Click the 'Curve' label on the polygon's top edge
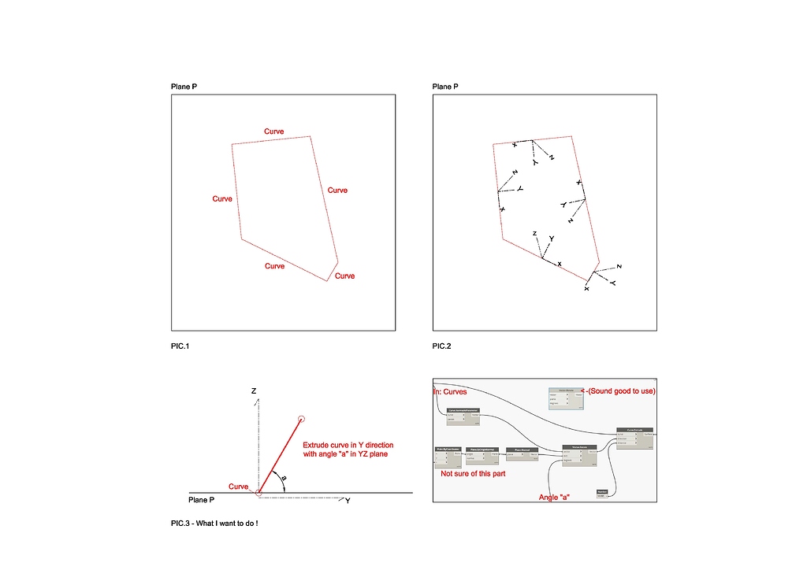coord(273,131)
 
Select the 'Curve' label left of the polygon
coord(222,199)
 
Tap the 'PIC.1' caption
coord(180,346)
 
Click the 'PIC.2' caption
coord(442,346)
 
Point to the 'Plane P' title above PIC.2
coord(445,87)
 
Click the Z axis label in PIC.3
coord(254,390)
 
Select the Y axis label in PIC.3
coord(348,501)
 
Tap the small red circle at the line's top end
coord(301,419)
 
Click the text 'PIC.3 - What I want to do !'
coord(214,523)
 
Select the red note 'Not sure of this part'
coord(473,475)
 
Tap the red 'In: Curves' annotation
coord(450,391)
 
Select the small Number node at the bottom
coord(604,493)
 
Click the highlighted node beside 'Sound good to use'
coord(567,398)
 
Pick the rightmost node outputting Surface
coord(634,437)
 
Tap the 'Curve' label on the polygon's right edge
coord(337,191)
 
